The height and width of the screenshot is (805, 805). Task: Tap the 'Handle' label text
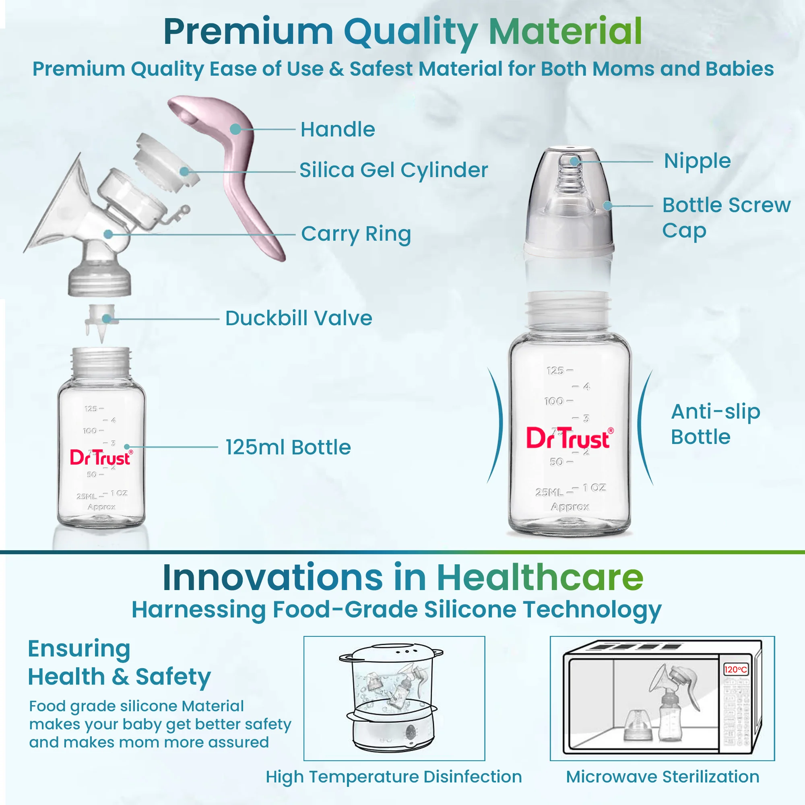(338, 129)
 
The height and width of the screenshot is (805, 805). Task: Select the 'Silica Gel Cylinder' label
(393, 170)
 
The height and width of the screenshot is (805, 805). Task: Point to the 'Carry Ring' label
(356, 234)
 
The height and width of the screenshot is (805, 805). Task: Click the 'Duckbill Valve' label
(298, 318)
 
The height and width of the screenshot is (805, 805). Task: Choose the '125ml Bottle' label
(288, 447)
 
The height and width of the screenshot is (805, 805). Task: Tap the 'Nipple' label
(697, 161)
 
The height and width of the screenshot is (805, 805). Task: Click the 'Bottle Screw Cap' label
(726, 217)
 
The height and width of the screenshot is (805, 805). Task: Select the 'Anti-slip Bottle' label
(715, 424)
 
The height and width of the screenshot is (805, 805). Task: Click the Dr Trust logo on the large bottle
(569, 438)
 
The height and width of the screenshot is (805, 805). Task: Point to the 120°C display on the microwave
(736, 670)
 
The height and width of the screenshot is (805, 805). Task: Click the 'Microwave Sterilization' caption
(663, 777)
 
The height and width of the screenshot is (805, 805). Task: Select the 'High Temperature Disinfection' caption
(394, 777)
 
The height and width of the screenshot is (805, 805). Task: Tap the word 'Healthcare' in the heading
(540, 578)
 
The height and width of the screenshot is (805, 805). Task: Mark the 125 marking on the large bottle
(555, 371)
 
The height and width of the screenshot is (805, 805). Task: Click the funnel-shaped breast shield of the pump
(58, 208)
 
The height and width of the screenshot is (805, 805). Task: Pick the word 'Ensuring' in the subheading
(79, 649)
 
